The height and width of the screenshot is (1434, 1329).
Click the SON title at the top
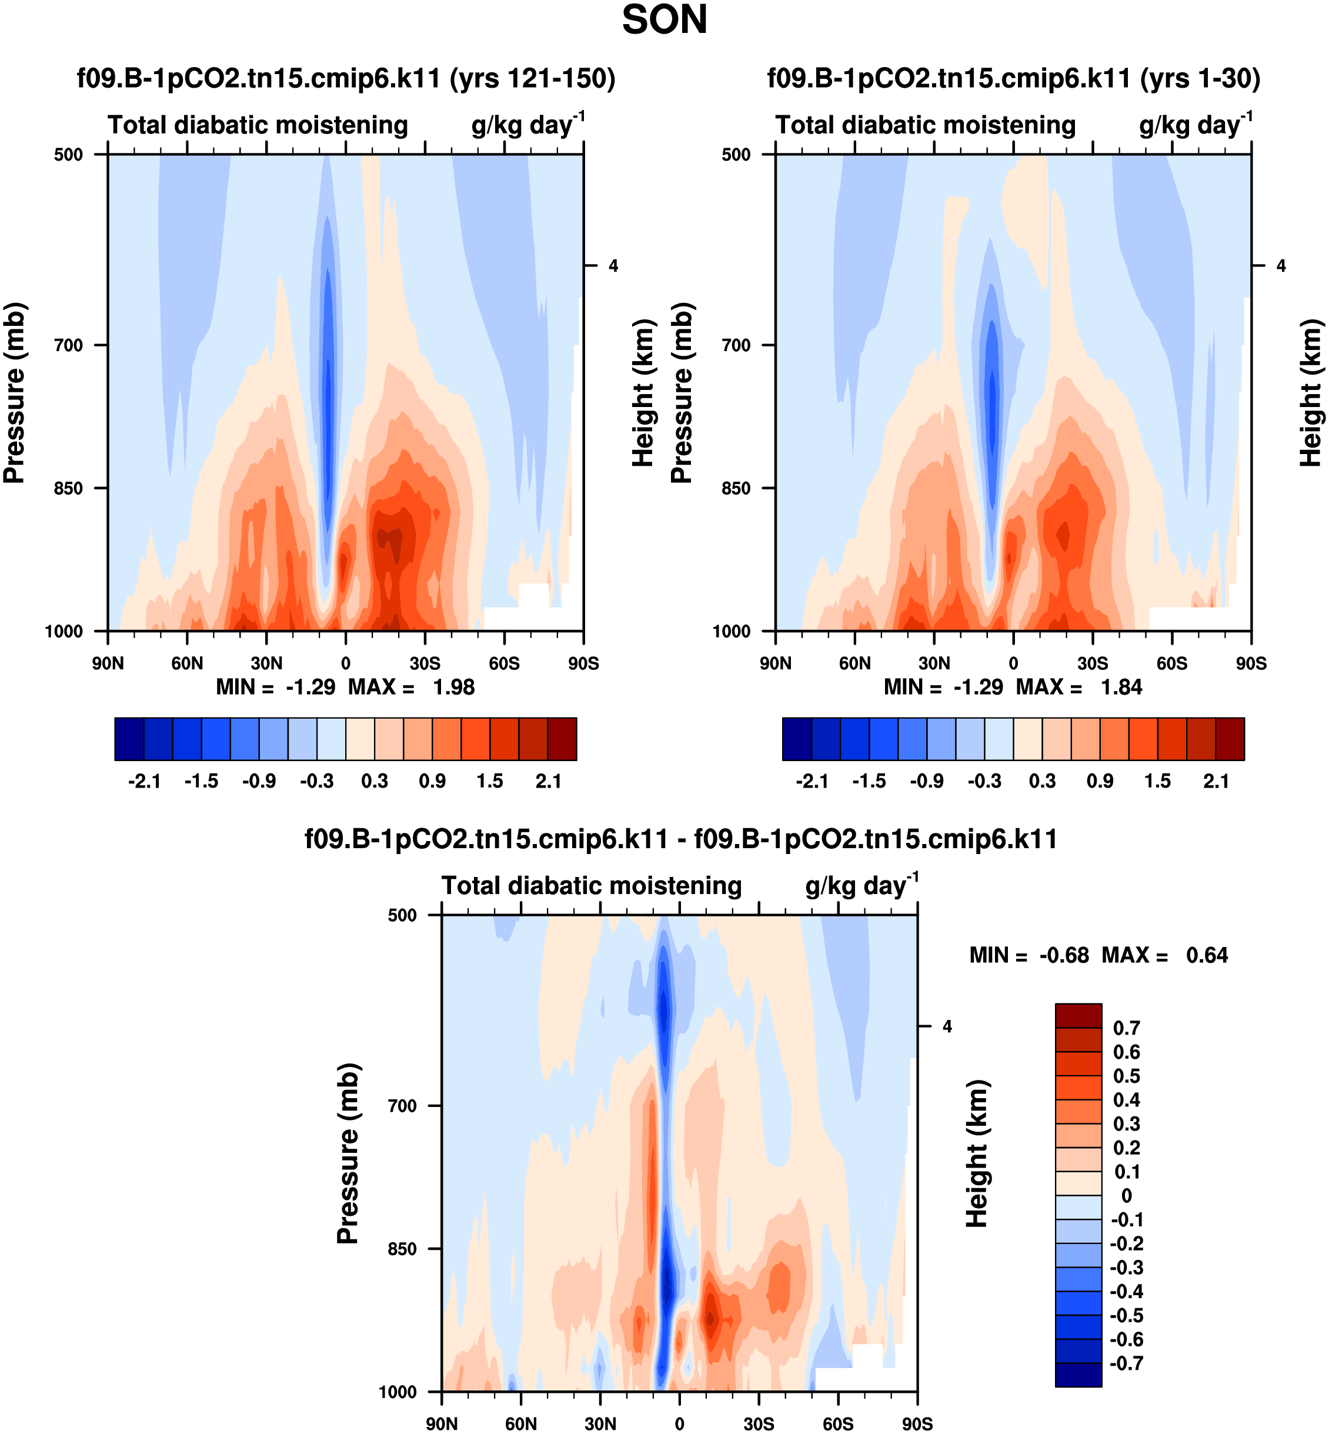[664, 20]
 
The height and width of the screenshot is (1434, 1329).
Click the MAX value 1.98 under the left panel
[453, 688]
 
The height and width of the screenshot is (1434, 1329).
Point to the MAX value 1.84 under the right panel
[1121, 688]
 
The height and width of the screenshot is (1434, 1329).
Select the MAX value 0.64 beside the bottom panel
[1207, 955]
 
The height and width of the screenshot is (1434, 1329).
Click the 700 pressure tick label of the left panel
[68, 345]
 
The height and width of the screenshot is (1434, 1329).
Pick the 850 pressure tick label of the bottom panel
[402, 1249]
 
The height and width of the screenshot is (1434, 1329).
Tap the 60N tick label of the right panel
[854, 663]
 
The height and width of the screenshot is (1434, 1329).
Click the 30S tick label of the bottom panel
[759, 1423]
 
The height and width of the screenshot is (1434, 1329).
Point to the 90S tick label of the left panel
[583, 663]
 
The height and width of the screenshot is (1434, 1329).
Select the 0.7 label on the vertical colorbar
[1126, 1028]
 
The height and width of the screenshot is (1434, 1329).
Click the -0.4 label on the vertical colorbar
[1126, 1292]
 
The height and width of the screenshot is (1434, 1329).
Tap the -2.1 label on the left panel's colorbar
[144, 781]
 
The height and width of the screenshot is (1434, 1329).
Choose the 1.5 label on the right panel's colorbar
[1157, 781]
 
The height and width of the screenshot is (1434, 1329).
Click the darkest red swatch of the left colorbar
[562, 739]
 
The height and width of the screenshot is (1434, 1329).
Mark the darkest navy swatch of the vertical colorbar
[1078, 1375]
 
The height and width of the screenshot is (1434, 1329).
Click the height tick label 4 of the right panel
[1281, 266]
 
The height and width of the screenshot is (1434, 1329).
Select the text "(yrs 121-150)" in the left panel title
[532, 78]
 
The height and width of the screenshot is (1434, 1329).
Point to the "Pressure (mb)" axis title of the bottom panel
[348, 1153]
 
